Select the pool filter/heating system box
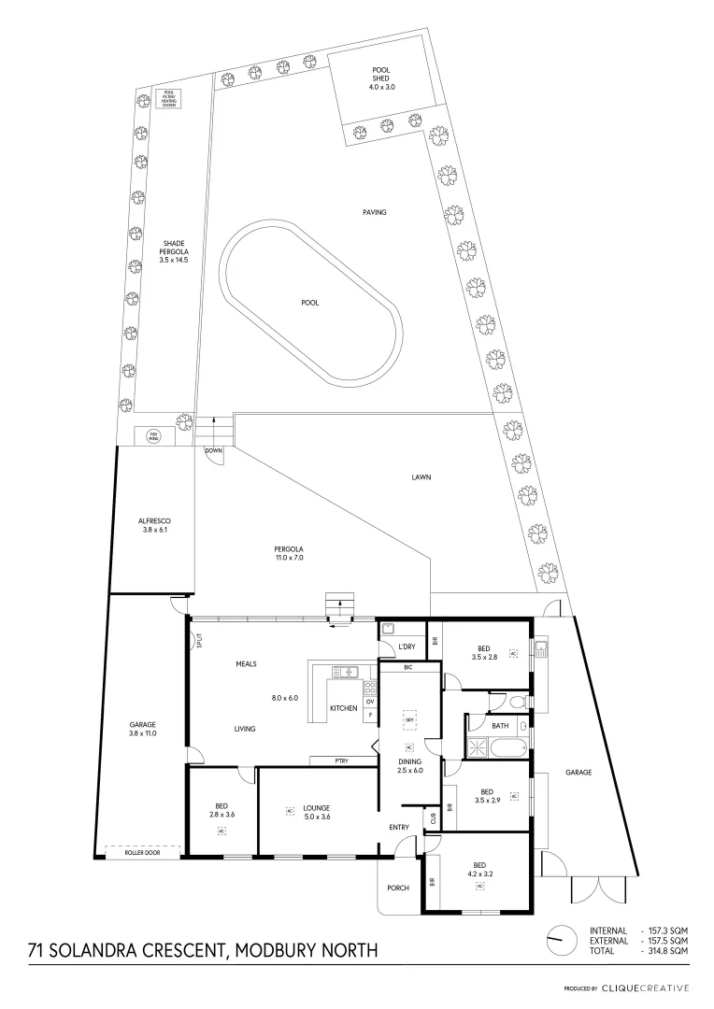point(169,99)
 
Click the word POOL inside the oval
point(310,303)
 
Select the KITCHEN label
point(344,708)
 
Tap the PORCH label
point(397,887)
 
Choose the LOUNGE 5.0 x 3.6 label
point(316,812)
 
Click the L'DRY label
point(407,647)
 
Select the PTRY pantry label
point(342,761)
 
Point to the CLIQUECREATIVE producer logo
point(645,988)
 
